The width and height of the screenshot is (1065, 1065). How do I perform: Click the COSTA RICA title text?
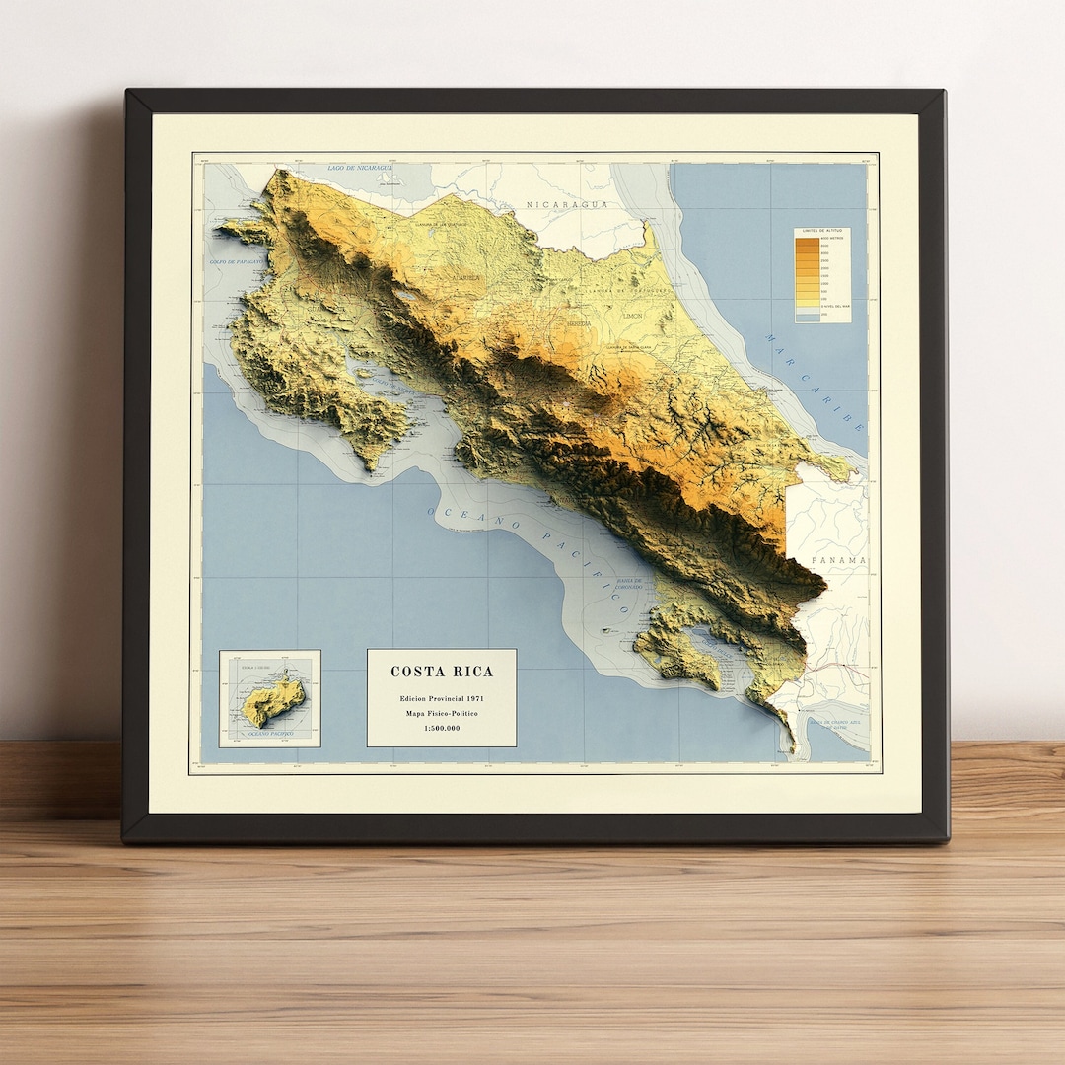(442, 672)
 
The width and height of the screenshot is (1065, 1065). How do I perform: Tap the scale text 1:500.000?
(441, 729)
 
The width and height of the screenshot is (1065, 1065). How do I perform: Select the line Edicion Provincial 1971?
(442, 698)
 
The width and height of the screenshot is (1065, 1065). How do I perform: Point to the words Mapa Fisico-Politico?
(442, 713)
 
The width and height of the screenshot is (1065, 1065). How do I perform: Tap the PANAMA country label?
(839, 560)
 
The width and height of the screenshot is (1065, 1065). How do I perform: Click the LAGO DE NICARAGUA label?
(360, 168)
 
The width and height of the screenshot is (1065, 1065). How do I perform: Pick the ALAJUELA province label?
(464, 278)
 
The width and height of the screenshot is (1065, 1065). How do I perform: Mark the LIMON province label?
(632, 316)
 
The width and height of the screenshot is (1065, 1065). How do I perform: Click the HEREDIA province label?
(578, 322)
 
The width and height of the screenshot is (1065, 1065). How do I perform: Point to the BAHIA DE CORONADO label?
(627, 584)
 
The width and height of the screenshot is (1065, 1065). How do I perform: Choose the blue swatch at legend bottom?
(809, 317)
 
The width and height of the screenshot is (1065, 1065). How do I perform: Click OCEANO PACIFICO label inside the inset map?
(271, 735)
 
